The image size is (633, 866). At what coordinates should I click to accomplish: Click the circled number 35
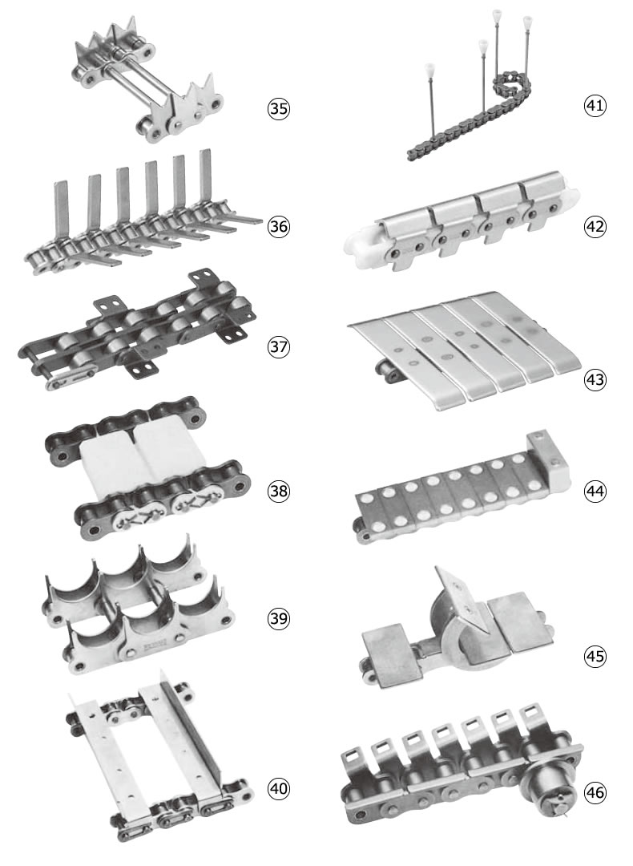pyautogui.click(x=279, y=108)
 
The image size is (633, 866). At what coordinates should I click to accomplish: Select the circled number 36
pyautogui.click(x=279, y=226)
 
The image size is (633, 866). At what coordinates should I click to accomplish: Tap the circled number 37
pyautogui.click(x=279, y=347)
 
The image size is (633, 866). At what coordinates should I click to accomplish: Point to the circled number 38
pyautogui.click(x=279, y=491)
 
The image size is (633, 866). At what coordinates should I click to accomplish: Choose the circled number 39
pyautogui.click(x=279, y=618)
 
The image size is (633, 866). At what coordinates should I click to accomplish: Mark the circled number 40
pyautogui.click(x=279, y=788)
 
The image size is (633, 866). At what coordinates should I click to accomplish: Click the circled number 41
pyautogui.click(x=595, y=105)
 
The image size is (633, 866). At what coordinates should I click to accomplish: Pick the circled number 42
pyautogui.click(x=595, y=226)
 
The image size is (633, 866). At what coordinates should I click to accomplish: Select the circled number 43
pyautogui.click(x=595, y=380)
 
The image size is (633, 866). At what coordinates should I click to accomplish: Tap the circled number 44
pyautogui.click(x=595, y=491)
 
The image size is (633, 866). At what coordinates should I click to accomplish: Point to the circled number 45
pyautogui.click(x=595, y=656)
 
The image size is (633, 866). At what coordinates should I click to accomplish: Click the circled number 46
pyautogui.click(x=595, y=792)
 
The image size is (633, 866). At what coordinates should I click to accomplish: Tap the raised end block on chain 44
pyautogui.click(x=548, y=460)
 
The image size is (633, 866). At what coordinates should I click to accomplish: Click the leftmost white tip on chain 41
pyautogui.click(x=429, y=69)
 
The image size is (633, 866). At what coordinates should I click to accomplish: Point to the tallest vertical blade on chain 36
pyautogui.click(x=205, y=175)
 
